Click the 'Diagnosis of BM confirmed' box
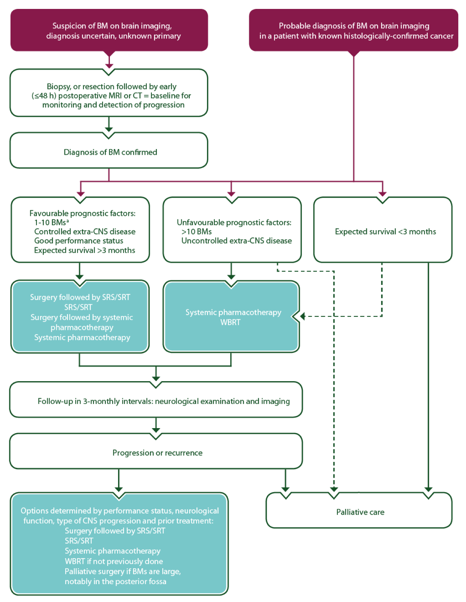[110, 152]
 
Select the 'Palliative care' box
[360, 512]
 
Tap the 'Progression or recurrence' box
[157, 453]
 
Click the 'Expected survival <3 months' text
[385, 232]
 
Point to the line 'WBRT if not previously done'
[114, 561]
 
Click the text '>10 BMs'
[196, 232]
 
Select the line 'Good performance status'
[78, 241]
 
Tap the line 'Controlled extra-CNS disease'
[85, 232]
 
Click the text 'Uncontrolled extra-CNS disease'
[236, 241]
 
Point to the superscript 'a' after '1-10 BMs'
[68, 221]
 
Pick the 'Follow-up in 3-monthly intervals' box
[163, 401]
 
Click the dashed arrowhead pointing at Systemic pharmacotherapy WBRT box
[303, 316]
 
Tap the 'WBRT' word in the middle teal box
[230, 323]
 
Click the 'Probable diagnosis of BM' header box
[354, 31]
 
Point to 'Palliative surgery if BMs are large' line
[123, 571]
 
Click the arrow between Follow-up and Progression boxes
[156, 425]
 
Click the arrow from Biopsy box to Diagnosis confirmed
[109, 125]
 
